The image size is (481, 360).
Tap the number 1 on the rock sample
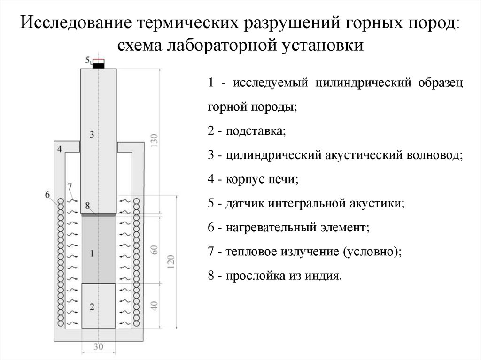(92, 253)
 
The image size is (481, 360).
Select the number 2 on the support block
(92, 307)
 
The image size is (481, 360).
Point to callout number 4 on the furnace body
(60, 149)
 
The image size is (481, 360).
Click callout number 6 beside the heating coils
(48, 194)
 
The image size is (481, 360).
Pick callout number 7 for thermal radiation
(70, 186)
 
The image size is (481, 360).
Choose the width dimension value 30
(98, 347)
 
